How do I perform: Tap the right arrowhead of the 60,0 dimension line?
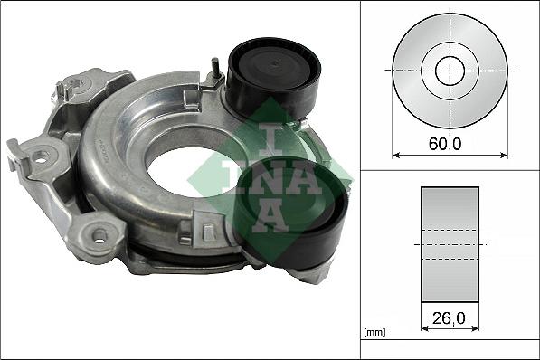(x=504, y=155)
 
